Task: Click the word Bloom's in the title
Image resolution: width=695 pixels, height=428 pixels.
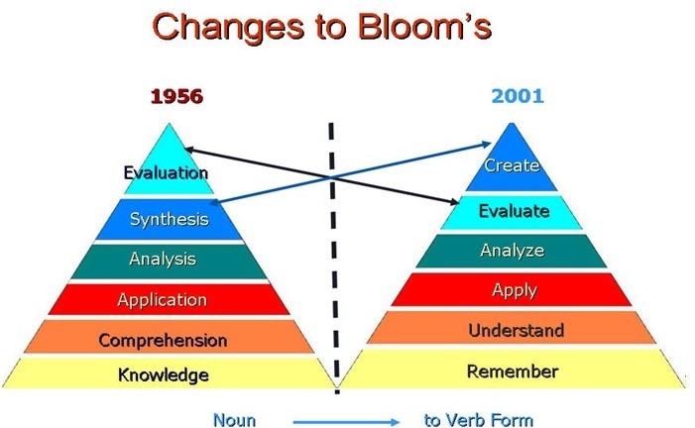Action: click(x=424, y=27)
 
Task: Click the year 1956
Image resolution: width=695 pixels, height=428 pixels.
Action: click(x=176, y=96)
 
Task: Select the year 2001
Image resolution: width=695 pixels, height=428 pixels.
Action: click(x=518, y=96)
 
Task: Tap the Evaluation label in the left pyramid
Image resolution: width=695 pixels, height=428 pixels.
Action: click(x=166, y=172)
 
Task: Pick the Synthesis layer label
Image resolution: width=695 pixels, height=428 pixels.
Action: click(x=170, y=219)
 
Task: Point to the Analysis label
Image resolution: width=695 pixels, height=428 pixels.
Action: click(x=163, y=259)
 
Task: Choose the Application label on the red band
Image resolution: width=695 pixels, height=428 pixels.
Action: click(x=163, y=299)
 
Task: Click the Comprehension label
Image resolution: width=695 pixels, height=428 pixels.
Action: click(x=164, y=340)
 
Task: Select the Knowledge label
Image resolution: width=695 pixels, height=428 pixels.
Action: click(x=164, y=374)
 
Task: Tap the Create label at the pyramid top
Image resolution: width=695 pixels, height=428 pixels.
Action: click(x=512, y=165)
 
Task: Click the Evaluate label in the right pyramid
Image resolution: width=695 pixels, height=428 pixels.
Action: click(x=515, y=211)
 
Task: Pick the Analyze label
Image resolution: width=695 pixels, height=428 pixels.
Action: click(x=513, y=251)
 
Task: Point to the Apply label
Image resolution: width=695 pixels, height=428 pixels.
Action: click(x=515, y=290)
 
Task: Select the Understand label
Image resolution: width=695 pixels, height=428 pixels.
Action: click(x=517, y=330)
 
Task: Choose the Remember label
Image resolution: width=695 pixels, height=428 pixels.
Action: click(x=513, y=372)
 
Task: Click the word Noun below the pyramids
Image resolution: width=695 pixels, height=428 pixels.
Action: click(x=234, y=420)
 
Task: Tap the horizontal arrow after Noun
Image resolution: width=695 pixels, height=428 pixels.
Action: click(x=346, y=422)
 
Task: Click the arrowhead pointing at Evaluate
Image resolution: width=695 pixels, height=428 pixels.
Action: click(x=453, y=201)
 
